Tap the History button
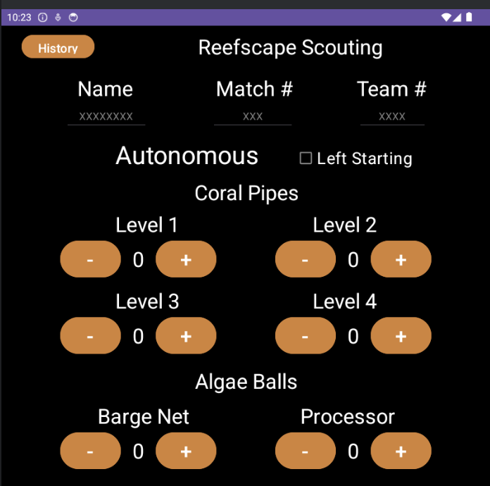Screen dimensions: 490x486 [x=58, y=47]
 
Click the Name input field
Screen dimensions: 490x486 [x=106, y=116]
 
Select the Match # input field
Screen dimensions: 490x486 [x=253, y=116]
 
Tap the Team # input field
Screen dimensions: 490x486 [x=392, y=116]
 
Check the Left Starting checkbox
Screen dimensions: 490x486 [x=306, y=158]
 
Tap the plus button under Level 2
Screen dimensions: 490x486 [x=401, y=260]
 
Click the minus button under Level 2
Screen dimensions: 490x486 [x=305, y=260]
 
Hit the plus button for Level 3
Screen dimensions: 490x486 [x=186, y=336]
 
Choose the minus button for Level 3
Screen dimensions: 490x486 [x=90, y=336]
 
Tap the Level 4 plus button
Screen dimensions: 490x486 [x=401, y=336]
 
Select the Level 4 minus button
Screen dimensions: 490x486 [x=305, y=336]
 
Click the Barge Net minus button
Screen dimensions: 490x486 [x=90, y=451]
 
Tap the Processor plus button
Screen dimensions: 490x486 [x=401, y=451]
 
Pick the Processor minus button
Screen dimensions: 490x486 [x=305, y=451]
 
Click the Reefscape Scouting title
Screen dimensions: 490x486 [x=290, y=47]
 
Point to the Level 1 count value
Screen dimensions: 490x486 [x=138, y=260]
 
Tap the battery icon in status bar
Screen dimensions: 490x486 [x=467, y=17]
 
